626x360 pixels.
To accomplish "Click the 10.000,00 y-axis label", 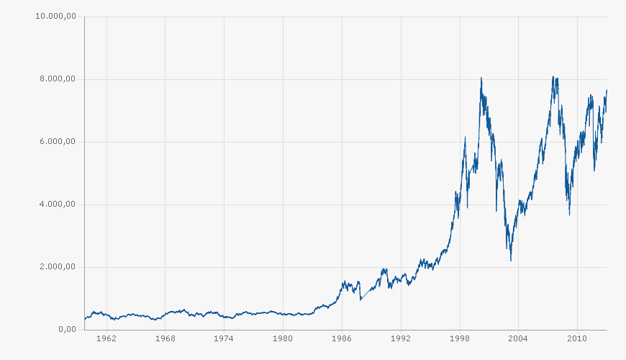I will coord(55,16).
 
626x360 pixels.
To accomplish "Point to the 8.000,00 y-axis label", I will coord(58,78).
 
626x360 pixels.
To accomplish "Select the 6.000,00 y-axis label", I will coord(58,141).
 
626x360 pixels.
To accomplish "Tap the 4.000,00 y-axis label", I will coord(58,204).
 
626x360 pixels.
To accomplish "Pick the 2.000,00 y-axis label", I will coord(58,266).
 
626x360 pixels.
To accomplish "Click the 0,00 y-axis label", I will coord(67,329).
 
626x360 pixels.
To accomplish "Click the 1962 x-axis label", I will coord(106,338).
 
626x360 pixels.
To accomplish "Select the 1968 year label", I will coord(165,338).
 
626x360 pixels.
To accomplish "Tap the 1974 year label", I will coord(224,338).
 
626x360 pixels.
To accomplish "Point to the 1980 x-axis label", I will coord(283,338).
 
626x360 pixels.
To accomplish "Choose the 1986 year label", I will coord(342,338).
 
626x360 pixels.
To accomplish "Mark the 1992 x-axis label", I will coord(401,338).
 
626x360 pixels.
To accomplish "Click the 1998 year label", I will coord(459,338).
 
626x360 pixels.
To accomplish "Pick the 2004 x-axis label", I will coord(518,338).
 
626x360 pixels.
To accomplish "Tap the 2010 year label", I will coord(577,338).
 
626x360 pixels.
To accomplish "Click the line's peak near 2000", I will coord(481,77).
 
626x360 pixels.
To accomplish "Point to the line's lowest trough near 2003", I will coord(511,260).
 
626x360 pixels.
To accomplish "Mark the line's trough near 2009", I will coord(569,215).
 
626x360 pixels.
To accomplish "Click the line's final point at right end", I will coord(607,90).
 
